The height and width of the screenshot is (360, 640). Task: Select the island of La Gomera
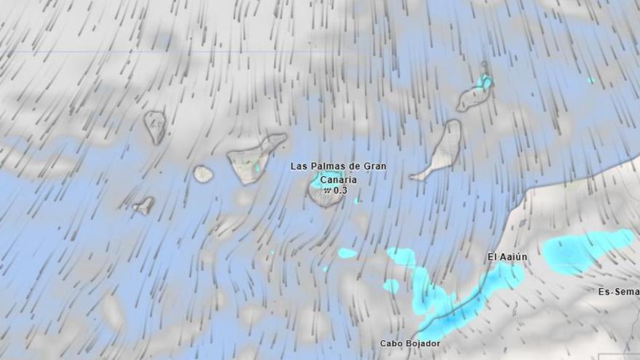coord(203,175)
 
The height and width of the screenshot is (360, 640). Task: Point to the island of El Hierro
coord(144,206)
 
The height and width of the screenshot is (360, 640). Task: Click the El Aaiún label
coord(507,257)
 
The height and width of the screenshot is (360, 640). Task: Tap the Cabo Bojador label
coord(410,343)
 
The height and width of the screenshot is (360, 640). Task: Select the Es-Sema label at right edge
coord(618,292)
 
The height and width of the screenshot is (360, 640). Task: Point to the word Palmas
coord(327,167)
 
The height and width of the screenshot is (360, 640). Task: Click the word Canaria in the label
coord(338,179)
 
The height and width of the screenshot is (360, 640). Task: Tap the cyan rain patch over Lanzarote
coord(484,81)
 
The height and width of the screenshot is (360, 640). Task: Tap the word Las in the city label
coord(299,167)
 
